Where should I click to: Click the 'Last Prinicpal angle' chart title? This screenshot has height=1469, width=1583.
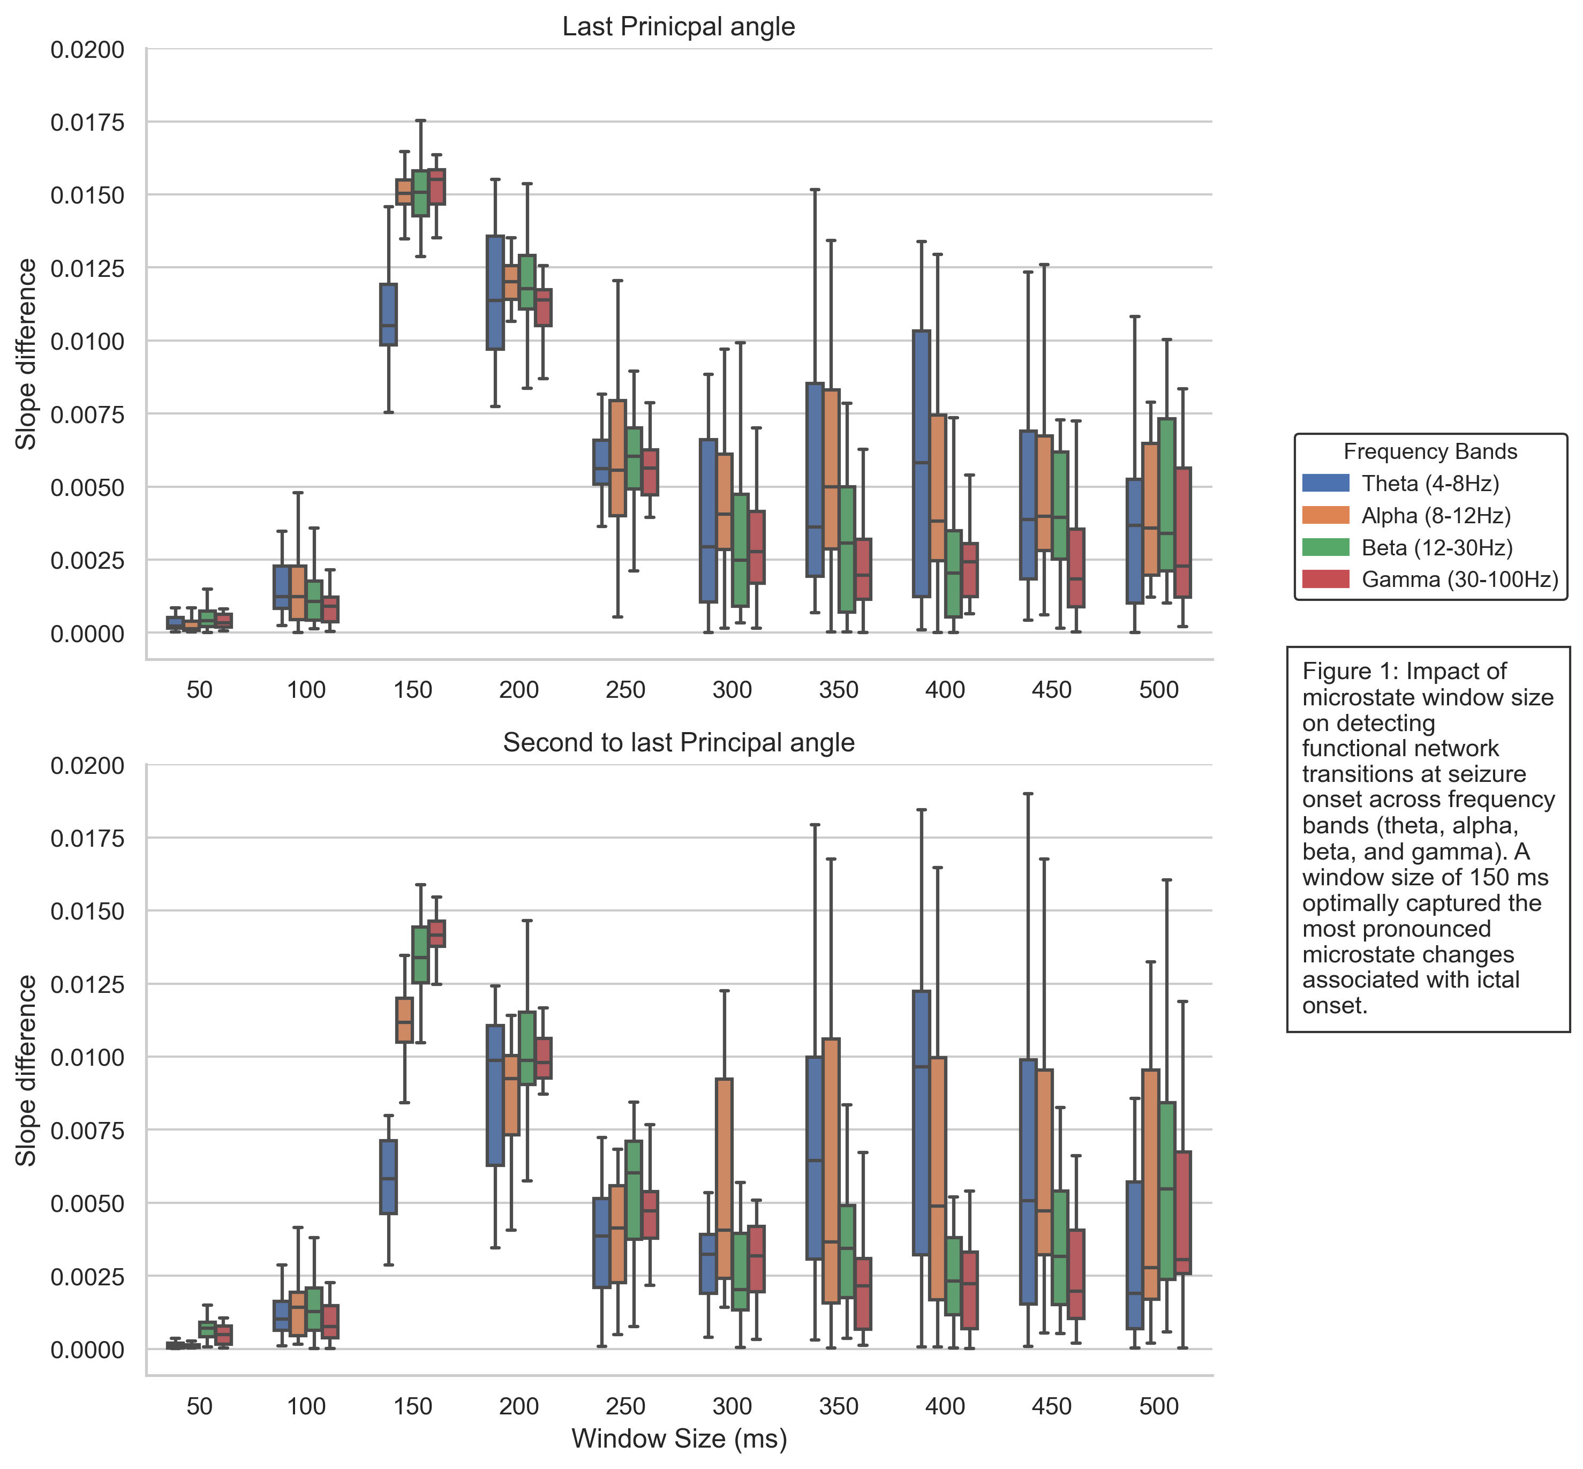[678, 27]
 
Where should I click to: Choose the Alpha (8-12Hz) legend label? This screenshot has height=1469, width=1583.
[1436, 516]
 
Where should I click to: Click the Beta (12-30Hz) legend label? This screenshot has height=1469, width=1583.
[1437, 548]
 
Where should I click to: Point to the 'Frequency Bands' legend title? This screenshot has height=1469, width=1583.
[1430, 451]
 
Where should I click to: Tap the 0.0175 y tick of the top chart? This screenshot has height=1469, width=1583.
[87, 123]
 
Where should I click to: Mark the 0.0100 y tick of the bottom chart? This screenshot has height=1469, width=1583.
[87, 1057]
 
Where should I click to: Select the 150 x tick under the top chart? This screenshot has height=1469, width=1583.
[412, 689]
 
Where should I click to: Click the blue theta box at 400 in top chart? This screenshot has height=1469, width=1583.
[921, 463]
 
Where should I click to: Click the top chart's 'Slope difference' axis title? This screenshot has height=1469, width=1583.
[27, 354]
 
